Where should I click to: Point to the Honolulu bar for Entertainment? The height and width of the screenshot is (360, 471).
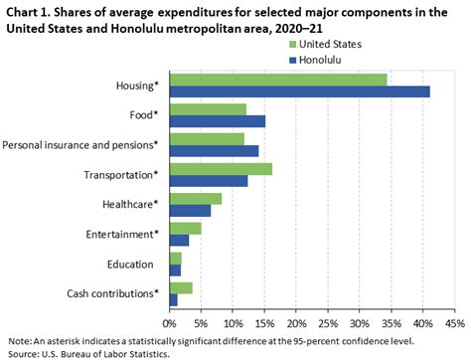click(179, 240)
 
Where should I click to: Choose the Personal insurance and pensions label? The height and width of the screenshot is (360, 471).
click(80, 145)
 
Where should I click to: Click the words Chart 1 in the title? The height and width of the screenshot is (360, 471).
click(25, 11)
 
